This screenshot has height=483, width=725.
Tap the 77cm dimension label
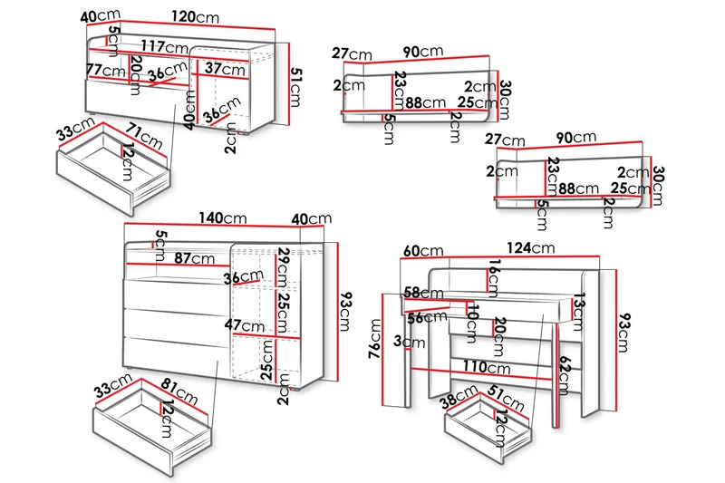(x=106, y=70)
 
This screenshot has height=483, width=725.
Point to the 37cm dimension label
(x=224, y=68)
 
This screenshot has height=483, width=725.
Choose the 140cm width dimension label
(x=222, y=218)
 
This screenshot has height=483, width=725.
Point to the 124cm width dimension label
(x=531, y=247)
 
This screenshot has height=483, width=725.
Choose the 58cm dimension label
(x=422, y=293)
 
